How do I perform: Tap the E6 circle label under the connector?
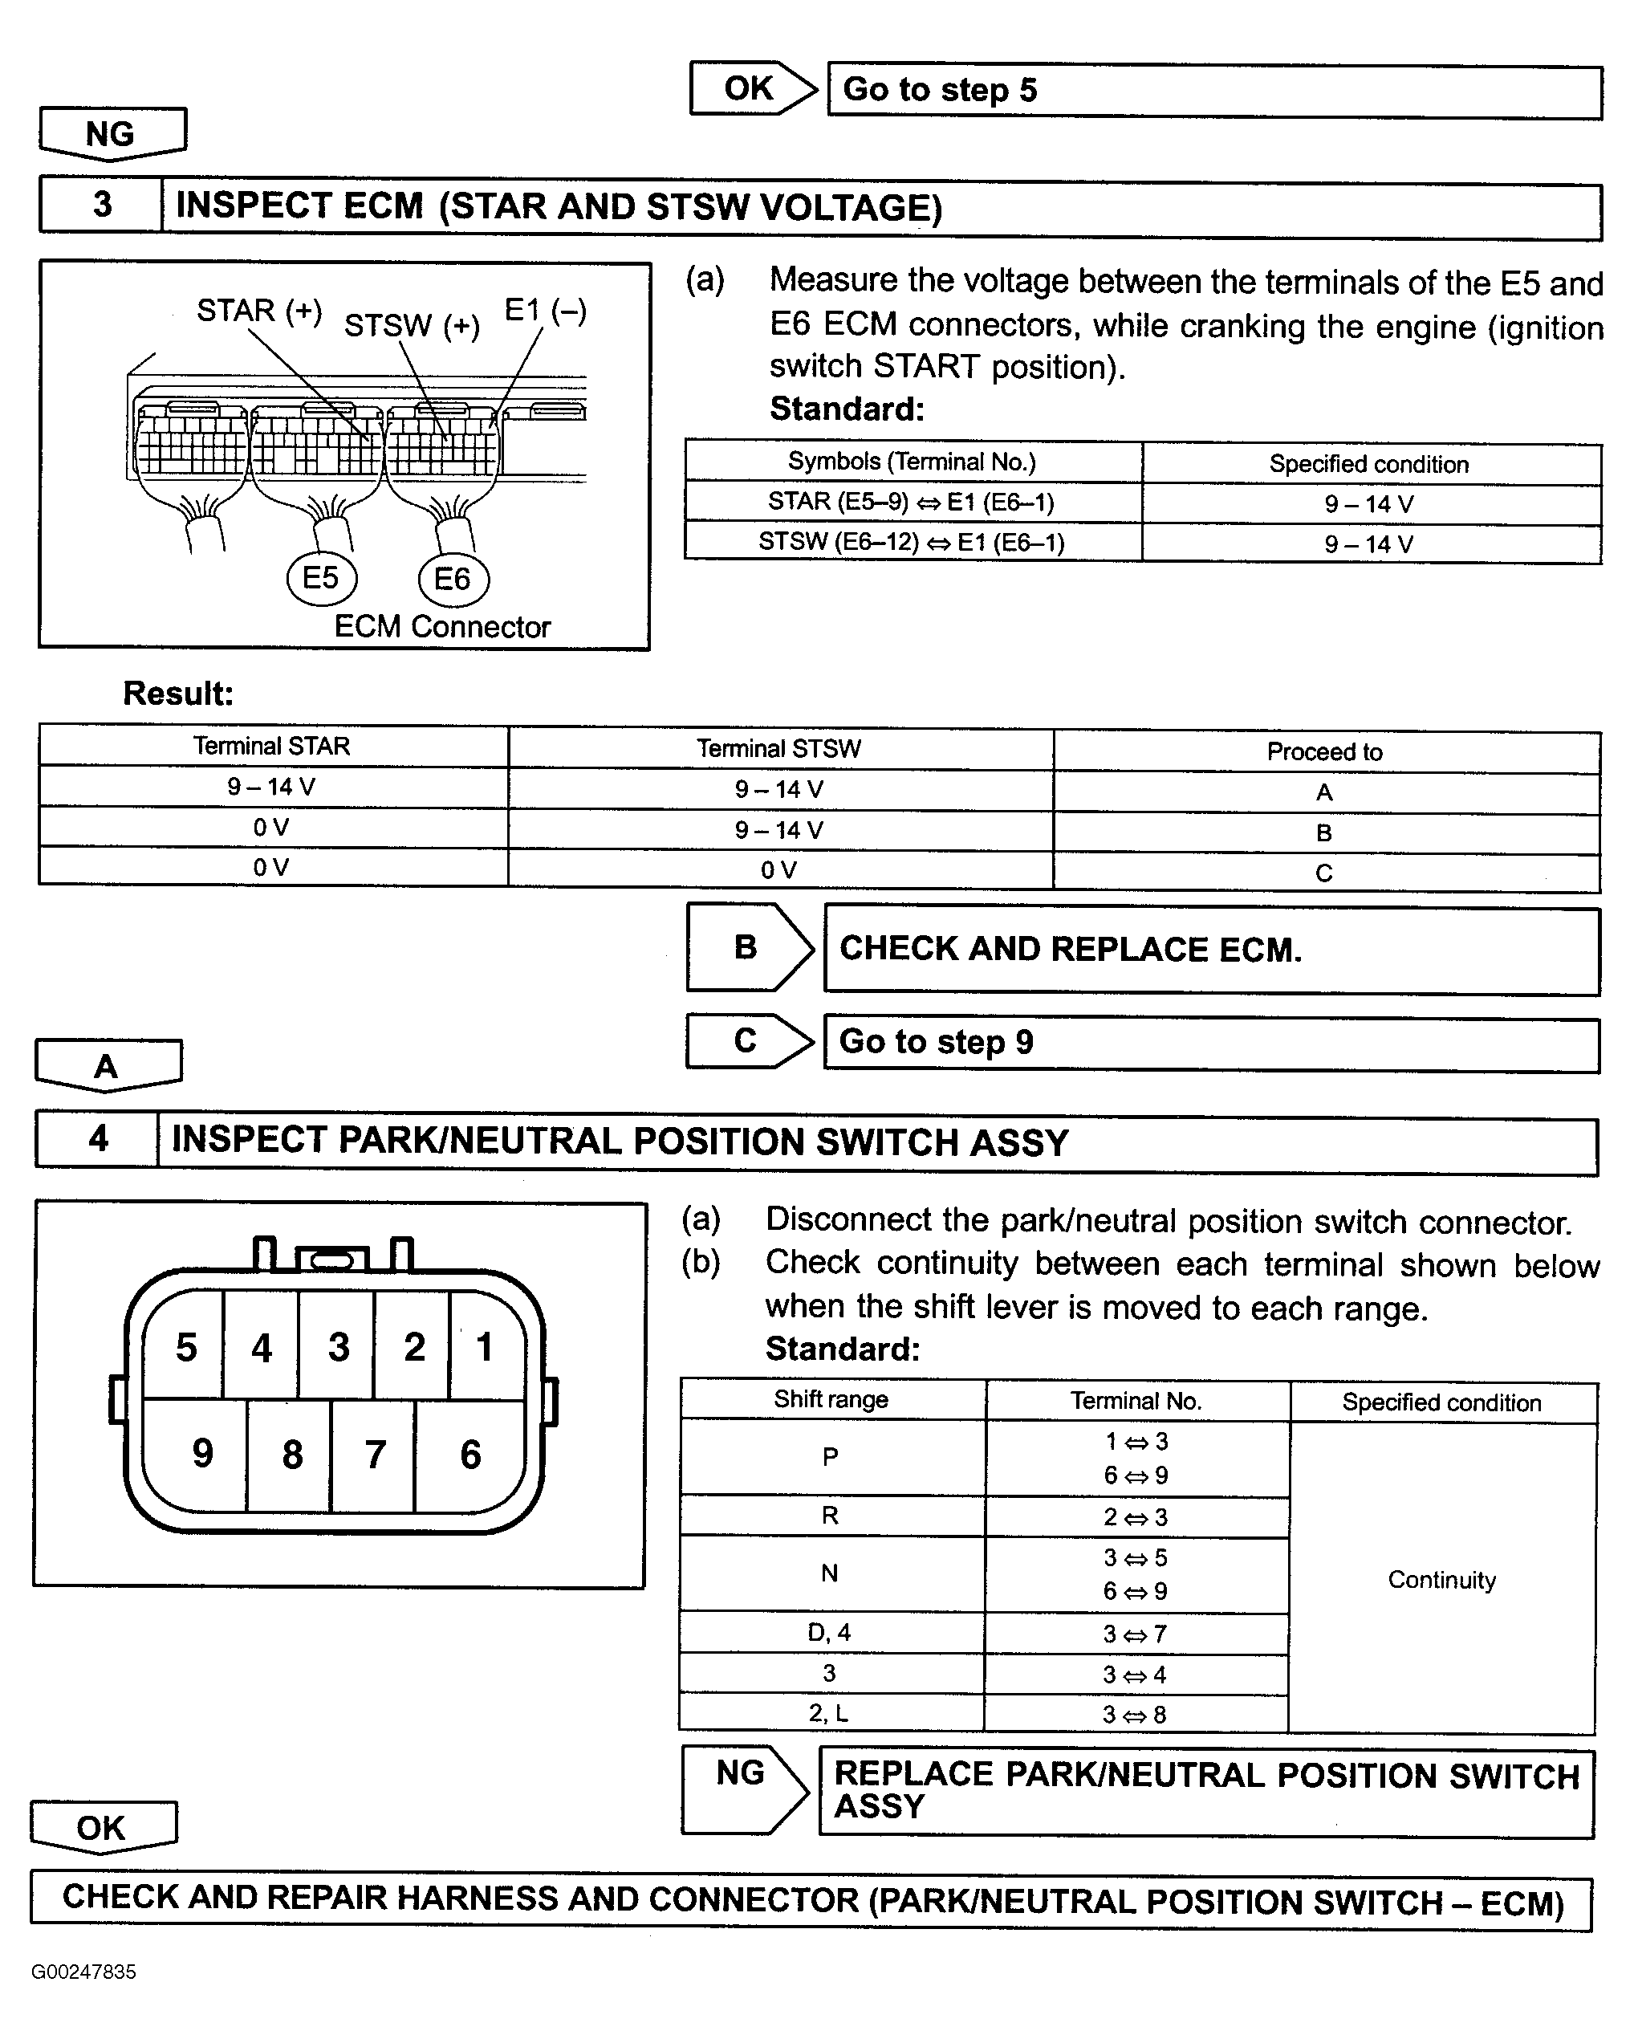pos(453,579)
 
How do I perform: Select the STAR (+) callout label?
pos(259,310)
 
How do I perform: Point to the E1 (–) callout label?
pos(546,310)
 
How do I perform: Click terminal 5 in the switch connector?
pos(185,1348)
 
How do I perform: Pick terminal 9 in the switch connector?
pos(202,1454)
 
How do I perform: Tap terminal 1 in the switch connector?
pos(485,1348)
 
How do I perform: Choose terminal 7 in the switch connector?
pos(375,1455)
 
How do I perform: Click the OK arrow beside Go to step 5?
pos(752,89)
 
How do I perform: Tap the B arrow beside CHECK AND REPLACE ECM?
pos(749,946)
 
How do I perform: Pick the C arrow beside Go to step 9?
pos(748,1040)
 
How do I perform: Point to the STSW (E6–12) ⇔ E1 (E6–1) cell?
pos(912,543)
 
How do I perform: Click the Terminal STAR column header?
pos(272,747)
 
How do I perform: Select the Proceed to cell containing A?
pos(1325,792)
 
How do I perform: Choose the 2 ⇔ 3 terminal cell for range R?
pos(1136,1517)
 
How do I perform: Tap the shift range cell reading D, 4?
pos(830,1632)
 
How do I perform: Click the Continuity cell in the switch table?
pos(1442,1579)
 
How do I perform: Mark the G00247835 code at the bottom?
pos(83,1972)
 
